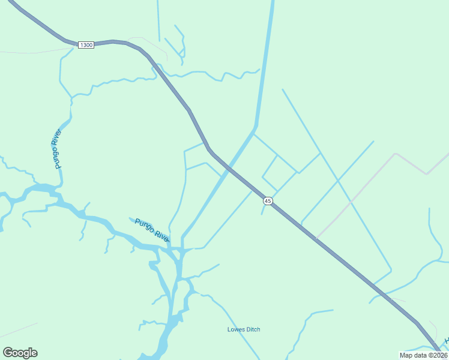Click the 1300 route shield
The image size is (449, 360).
click(86, 46)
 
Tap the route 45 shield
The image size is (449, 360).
click(268, 200)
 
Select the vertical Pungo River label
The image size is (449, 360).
click(57, 149)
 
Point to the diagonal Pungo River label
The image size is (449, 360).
click(152, 230)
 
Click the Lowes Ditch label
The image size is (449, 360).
click(244, 329)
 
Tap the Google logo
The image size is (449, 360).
click(20, 353)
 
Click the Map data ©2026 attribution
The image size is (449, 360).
click(424, 355)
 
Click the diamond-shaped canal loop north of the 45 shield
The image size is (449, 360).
click(279, 173)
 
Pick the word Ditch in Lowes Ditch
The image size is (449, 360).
click(252, 329)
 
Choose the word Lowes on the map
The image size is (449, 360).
click(235, 329)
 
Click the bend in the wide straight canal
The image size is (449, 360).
click(255, 127)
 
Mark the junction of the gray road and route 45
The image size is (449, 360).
click(316, 238)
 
